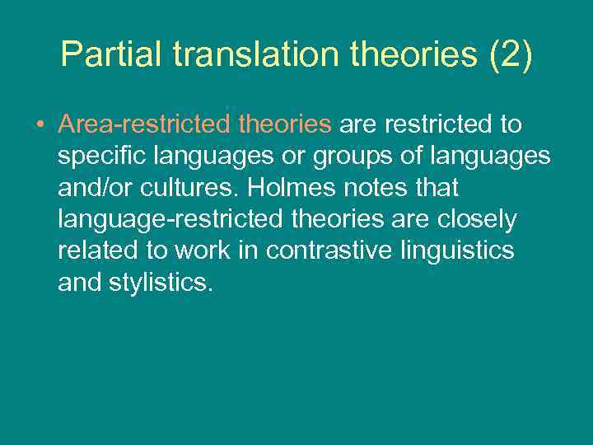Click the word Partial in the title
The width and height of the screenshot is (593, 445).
point(110,55)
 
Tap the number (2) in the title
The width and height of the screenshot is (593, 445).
point(511,55)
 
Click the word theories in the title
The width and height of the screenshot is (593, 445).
point(412,55)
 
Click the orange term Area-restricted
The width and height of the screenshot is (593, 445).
point(144,124)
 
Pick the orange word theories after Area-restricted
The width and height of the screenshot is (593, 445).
point(285,124)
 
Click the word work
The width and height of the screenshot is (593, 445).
point(207,251)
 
